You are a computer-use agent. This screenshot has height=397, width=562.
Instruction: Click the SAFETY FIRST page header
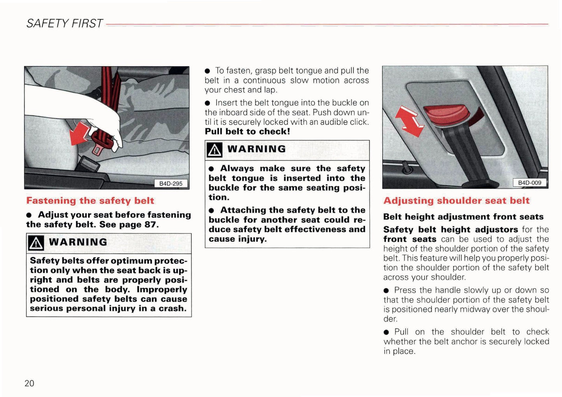click(x=65, y=24)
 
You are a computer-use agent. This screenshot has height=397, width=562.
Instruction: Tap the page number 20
click(x=29, y=383)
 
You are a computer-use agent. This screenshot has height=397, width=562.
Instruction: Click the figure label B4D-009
click(x=529, y=183)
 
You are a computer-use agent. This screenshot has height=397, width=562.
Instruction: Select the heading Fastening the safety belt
click(x=90, y=201)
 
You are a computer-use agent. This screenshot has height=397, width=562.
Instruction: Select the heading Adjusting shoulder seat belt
click(x=456, y=201)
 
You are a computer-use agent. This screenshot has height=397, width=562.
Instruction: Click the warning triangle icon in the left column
click(x=36, y=243)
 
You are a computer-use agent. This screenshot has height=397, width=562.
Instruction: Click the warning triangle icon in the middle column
click(x=214, y=150)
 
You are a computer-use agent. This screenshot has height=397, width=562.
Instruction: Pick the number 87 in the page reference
click(x=150, y=225)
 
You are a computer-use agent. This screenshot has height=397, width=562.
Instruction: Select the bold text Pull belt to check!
click(x=247, y=132)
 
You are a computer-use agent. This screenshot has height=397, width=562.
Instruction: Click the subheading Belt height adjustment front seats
click(x=463, y=217)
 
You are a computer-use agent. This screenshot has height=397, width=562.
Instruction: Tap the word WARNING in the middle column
click(x=256, y=149)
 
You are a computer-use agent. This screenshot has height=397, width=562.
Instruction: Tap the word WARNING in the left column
click(x=78, y=242)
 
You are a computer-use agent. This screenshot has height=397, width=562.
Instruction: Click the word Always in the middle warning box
click(x=237, y=169)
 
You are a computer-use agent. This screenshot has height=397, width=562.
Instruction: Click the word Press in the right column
click(x=405, y=290)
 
